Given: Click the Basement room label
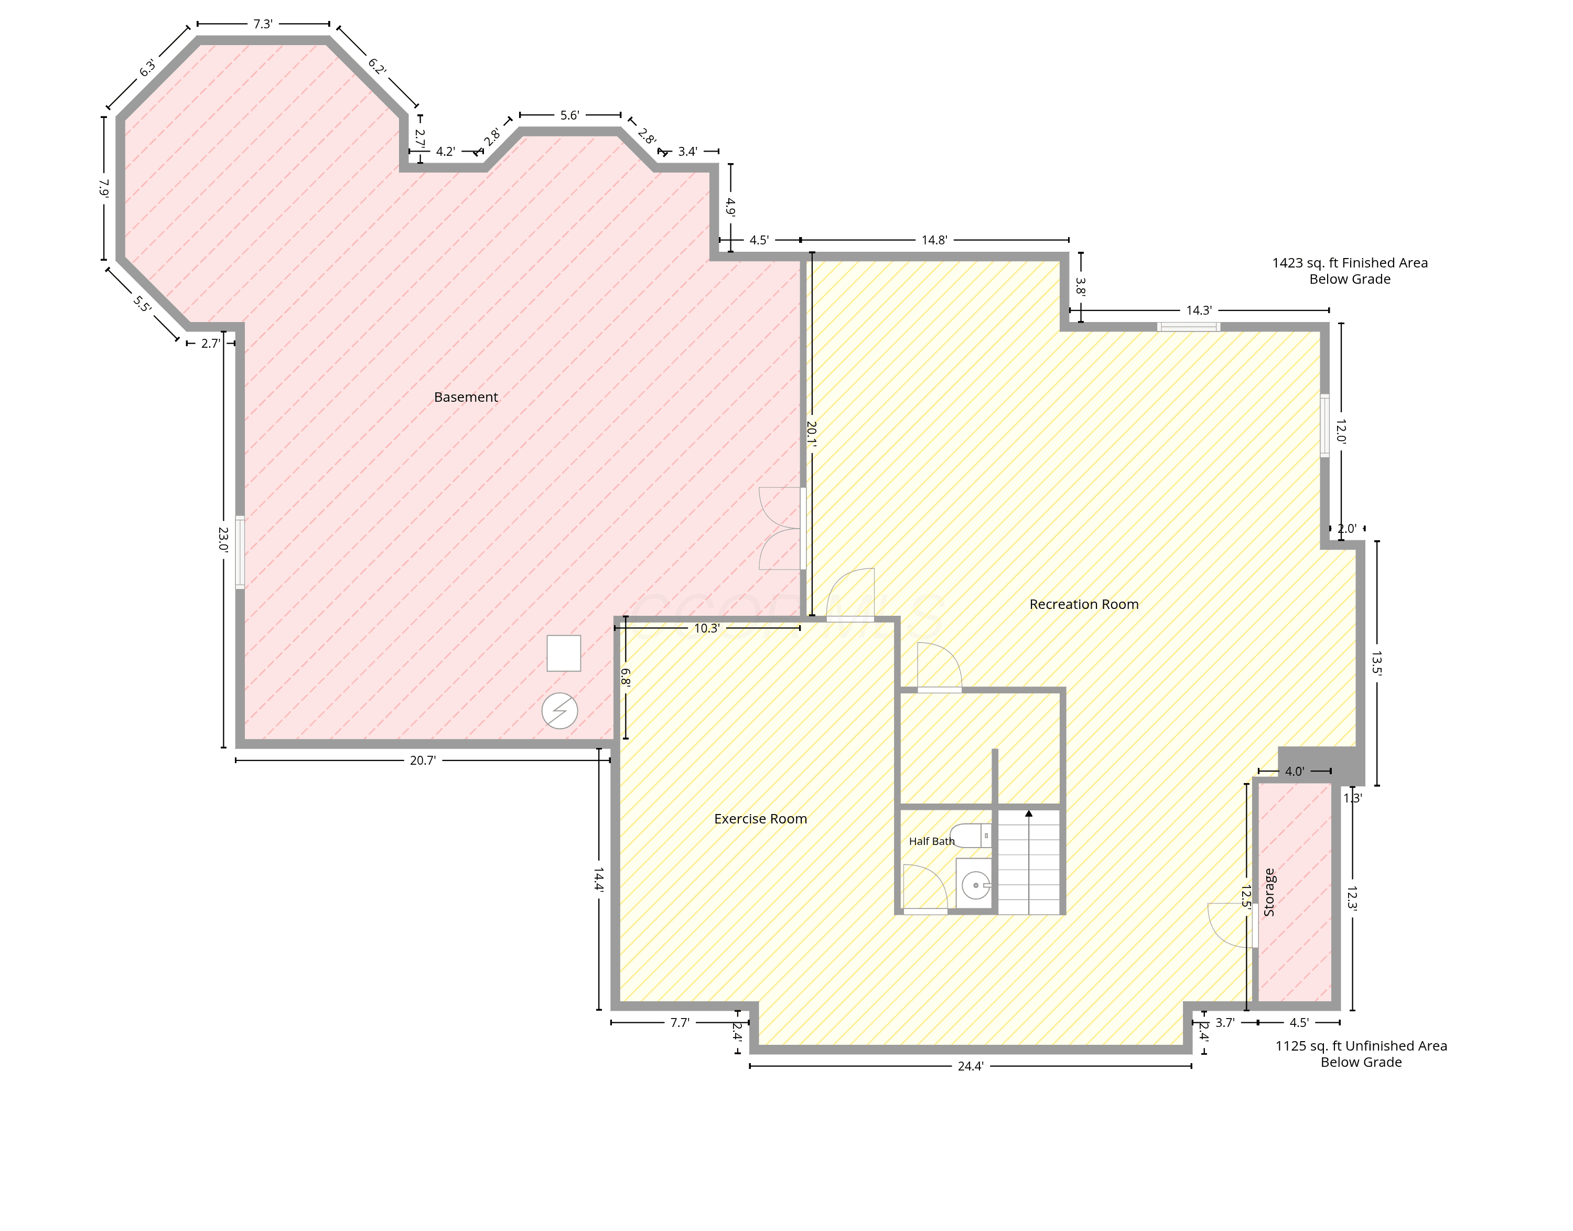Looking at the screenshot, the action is [466, 397].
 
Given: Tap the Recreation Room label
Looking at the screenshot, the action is [1084, 604].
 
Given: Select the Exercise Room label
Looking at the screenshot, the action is [760, 819].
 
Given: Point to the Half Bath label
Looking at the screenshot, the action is [932, 841].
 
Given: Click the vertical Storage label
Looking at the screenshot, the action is [1269, 892].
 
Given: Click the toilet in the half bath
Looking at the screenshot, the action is [971, 836].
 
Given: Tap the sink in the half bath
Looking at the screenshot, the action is [974, 884].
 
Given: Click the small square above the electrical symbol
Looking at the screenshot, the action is [564, 653].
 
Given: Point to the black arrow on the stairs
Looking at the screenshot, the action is [1029, 813].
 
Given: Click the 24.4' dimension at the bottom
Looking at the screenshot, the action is [971, 1066].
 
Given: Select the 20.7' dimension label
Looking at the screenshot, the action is [423, 761].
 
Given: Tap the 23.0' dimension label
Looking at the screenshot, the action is [223, 539].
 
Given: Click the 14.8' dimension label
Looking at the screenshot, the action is [934, 240].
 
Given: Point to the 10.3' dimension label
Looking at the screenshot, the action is [707, 628].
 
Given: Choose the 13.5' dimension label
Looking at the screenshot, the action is [1376, 663].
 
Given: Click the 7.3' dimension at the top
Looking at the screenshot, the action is [263, 24].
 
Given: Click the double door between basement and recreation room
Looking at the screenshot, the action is [781, 529].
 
